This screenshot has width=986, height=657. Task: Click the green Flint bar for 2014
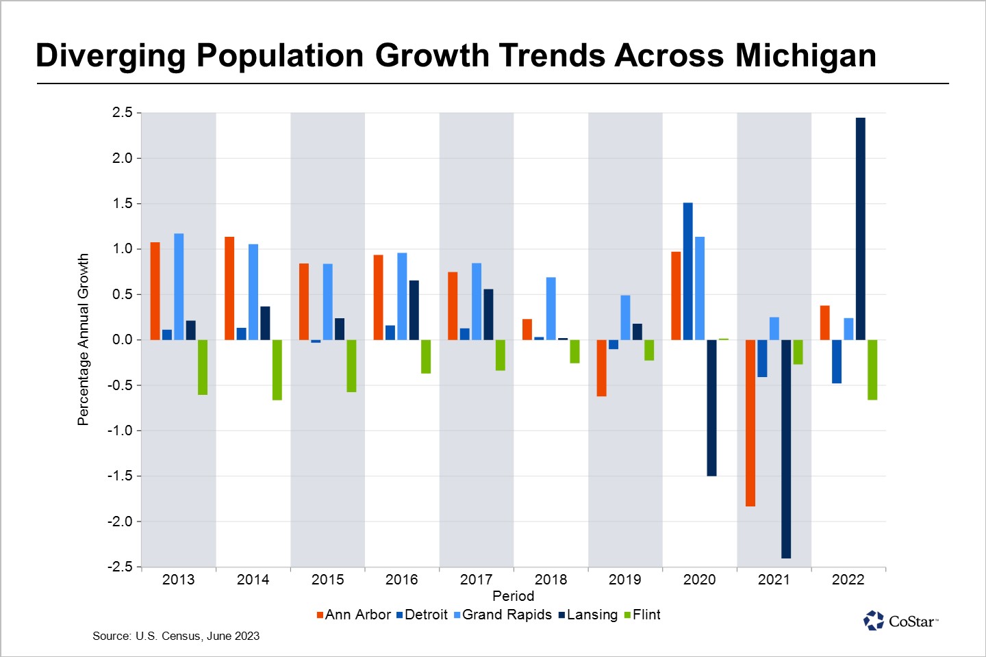(x=277, y=370)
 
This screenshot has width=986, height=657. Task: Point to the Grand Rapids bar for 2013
(x=179, y=287)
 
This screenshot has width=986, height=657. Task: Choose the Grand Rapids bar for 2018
(x=551, y=309)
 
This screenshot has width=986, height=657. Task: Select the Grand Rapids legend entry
(x=503, y=615)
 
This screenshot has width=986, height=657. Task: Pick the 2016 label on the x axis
(x=402, y=580)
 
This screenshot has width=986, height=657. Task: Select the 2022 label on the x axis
(x=848, y=580)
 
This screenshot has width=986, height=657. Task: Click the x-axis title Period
(x=513, y=596)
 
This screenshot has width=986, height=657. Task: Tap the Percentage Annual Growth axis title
(x=84, y=339)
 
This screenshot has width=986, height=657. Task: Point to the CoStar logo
(x=900, y=621)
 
